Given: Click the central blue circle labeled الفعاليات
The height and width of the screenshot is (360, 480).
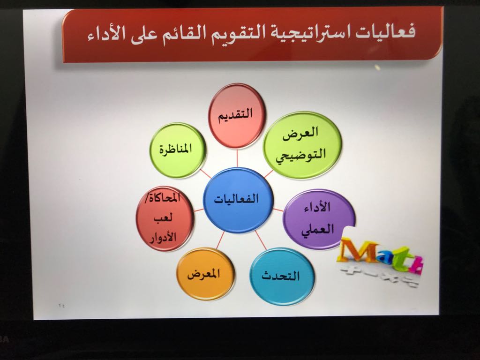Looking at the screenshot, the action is click(238, 200).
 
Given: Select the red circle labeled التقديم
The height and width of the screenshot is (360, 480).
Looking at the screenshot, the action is click(236, 116).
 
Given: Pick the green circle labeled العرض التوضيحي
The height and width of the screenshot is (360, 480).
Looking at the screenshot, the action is click(302, 145).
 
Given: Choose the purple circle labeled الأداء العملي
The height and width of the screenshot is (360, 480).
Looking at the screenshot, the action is click(318, 219).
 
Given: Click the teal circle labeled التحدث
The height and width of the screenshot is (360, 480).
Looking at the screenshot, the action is click(282, 277).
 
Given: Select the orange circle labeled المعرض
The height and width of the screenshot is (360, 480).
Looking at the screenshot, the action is click(205, 274).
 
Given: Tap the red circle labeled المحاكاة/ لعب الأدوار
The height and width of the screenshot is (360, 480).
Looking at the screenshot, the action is click(165, 218).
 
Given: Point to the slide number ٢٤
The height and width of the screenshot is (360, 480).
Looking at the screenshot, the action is click(61, 305).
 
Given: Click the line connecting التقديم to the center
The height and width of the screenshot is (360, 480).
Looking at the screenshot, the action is click(237, 158).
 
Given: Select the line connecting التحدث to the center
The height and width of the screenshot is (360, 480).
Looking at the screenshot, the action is click(261, 240).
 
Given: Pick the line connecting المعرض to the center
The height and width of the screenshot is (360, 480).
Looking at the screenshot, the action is click(220, 240).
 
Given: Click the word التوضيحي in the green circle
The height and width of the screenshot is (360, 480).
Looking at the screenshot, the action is click(300, 156).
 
